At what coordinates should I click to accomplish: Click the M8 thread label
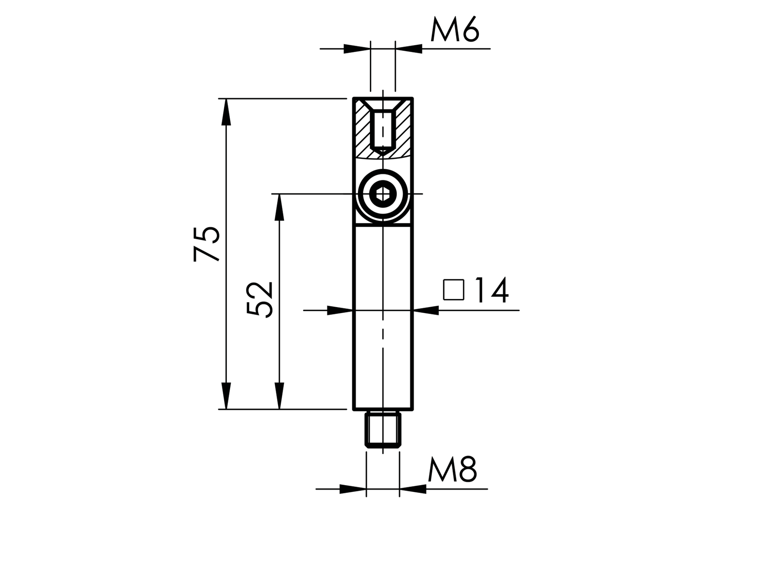[x=452, y=470]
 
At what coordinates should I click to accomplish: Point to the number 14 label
[x=491, y=291]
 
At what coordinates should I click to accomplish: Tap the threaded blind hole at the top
[x=382, y=130]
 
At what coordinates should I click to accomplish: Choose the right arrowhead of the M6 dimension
[x=409, y=48]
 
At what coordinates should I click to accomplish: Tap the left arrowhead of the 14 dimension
[x=340, y=311]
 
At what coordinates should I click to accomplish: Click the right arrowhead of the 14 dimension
[x=426, y=311]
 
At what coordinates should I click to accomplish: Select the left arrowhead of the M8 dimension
[x=353, y=489]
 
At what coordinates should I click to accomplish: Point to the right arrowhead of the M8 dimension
[x=413, y=489]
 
